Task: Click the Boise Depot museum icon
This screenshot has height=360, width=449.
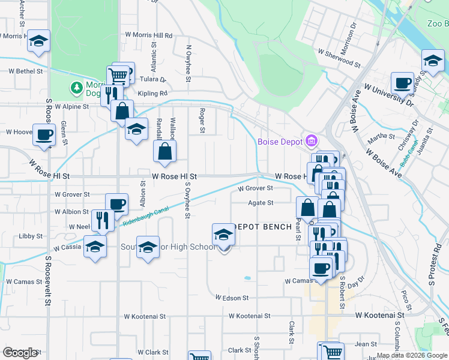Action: click(x=312, y=142)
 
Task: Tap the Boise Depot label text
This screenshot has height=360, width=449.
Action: click(x=280, y=142)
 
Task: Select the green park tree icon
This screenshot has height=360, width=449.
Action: click(x=76, y=88)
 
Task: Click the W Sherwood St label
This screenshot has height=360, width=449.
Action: click(x=339, y=59)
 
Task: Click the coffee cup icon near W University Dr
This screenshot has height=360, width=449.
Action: click(x=402, y=82)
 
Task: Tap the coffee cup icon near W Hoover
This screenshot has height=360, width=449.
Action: click(x=44, y=134)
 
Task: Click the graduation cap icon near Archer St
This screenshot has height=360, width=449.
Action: click(x=39, y=41)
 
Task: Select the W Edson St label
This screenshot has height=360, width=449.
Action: click(x=231, y=298)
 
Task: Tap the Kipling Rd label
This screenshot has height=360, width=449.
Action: click(x=155, y=94)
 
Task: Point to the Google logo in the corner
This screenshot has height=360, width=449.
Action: click(x=20, y=353)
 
